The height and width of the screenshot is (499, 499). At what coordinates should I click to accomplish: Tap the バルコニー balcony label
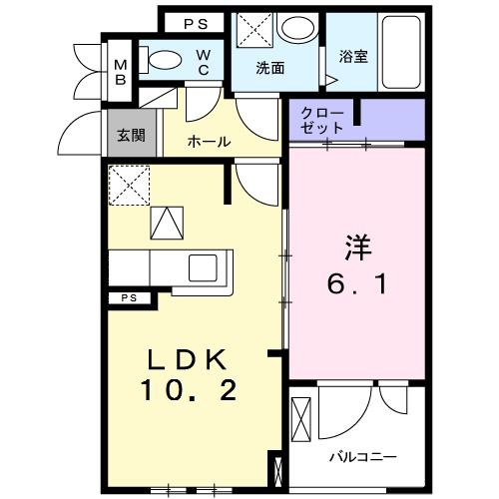click(363, 457)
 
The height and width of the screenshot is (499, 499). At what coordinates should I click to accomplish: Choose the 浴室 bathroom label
click(352, 57)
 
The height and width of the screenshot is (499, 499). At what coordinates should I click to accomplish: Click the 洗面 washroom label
click(270, 69)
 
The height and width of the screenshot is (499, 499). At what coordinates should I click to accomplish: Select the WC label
click(203, 61)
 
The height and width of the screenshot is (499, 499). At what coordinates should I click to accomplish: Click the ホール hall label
click(210, 142)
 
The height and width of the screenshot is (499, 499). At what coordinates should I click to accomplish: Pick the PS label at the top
click(195, 22)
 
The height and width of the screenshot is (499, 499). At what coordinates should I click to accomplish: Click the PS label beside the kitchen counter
click(129, 297)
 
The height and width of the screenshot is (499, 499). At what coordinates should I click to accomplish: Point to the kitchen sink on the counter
click(203, 266)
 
